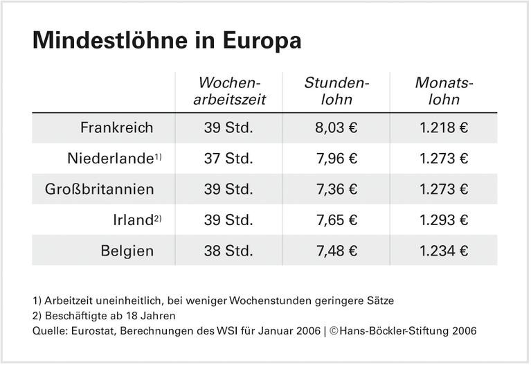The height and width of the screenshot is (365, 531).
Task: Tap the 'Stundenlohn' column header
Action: (337, 91)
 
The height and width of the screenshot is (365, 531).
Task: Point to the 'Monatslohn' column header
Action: (444, 91)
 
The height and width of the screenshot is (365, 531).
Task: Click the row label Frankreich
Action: (116, 128)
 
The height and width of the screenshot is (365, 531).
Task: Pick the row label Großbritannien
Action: (100, 189)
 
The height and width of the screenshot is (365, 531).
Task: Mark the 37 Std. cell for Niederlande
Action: (228, 159)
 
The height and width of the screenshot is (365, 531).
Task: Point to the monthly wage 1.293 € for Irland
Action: (444, 220)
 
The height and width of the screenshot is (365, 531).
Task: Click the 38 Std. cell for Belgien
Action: (228, 251)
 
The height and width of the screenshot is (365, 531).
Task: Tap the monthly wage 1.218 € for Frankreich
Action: (444, 128)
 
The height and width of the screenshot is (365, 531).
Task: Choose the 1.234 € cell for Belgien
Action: (444, 251)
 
